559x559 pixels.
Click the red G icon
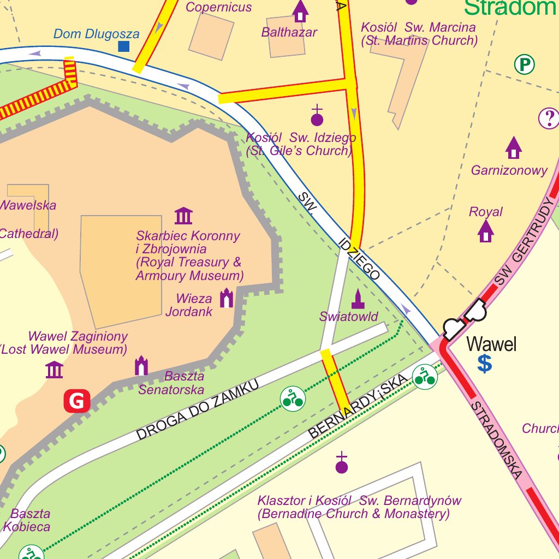click(x=77, y=401)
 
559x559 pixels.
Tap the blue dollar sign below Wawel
click(x=484, y=364)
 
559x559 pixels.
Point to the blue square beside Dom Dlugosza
click(x=124, y=46)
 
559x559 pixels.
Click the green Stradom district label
click(x=510, y=8)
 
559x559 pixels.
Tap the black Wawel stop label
click(x=491, y=344)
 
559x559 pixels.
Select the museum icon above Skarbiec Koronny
click(x=183, y=216)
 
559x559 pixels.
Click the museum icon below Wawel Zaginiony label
click(x=54, y=370)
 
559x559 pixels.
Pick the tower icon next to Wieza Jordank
click(x=226, y=298)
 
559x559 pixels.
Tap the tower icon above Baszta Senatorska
click(x=141, y=365)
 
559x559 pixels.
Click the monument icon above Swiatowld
click(x=358, y=299)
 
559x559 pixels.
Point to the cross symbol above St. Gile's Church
click(x=317, y=116)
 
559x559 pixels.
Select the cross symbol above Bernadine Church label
click(x=342, y=463)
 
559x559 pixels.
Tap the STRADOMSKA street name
click(x=496, y=441)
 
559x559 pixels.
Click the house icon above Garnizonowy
click(x=513, y=147)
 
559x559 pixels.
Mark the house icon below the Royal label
click(x=485, y=231)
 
